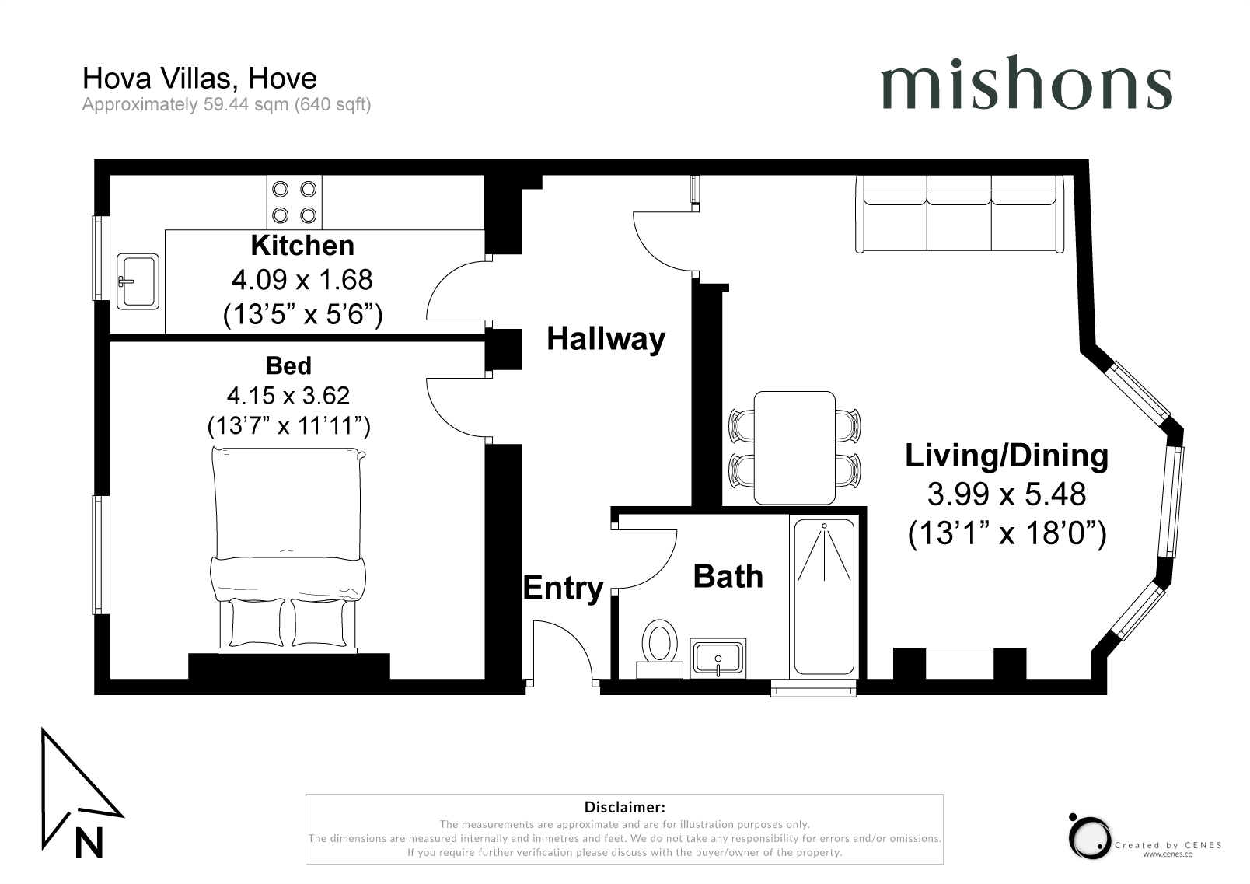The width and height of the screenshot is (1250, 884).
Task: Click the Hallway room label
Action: click(x=606, y=339)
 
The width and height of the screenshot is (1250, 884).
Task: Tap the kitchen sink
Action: click(x=138, y=281)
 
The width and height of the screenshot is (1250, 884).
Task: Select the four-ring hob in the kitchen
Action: click(x=294, y=202)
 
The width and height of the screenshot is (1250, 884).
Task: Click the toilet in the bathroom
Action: click(x=660, y=648)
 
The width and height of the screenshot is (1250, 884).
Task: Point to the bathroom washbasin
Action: click(x=718, y=659)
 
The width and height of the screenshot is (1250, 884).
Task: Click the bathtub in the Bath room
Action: click(x=824, y=596)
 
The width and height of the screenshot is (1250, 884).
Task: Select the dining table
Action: click(x=794, y=448)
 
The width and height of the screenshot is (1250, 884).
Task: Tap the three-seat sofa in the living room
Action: click(x=960, y=214)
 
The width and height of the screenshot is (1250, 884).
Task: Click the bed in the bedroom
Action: click(x=288, y=550)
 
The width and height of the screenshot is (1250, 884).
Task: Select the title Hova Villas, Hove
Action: click(x=200, y=78)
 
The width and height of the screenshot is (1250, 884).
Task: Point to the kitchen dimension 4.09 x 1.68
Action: click(x=302, y=280)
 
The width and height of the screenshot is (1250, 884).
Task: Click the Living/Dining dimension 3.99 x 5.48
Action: click(x=1006, y=494)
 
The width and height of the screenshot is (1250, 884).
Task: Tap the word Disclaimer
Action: click(x=624, y=807)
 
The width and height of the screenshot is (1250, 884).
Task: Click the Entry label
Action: click(x=563, y=589)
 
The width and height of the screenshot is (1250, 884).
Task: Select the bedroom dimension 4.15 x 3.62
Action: click(x=288, y=396)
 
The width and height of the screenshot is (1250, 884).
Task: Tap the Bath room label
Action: click(x=728, y=576)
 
